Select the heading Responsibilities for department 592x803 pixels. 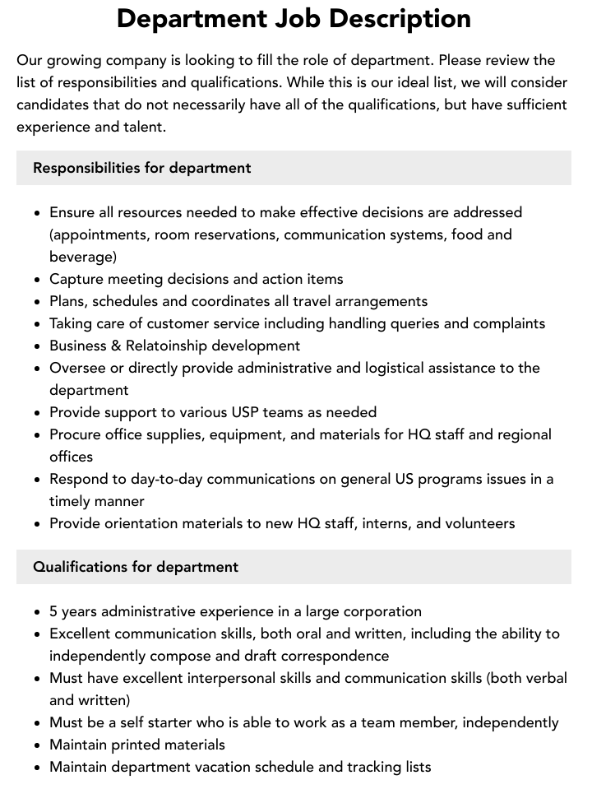point(141,168)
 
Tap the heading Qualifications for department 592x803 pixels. point(136,567)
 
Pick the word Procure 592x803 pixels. point(77,434)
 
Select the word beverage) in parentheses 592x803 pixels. point(83,257)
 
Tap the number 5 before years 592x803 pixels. point(53,611)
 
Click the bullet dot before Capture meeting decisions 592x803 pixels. point(38,280)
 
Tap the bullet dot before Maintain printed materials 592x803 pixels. point(38,745)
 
